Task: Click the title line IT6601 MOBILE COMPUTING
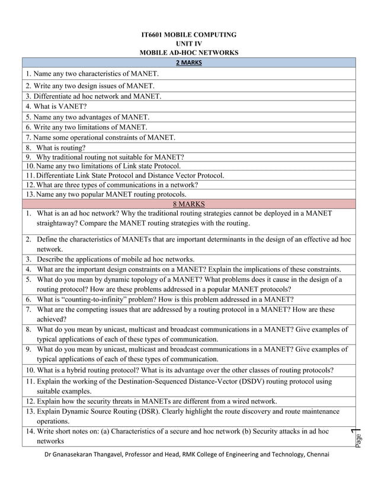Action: (188, 35)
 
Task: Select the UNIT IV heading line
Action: (188, 44)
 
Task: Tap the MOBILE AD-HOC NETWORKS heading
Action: (188, 53)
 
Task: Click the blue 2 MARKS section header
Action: (188, 62)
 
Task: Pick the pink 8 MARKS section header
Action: (188, 204)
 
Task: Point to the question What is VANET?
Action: (56, 107)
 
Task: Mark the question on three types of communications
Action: (113, 185)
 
